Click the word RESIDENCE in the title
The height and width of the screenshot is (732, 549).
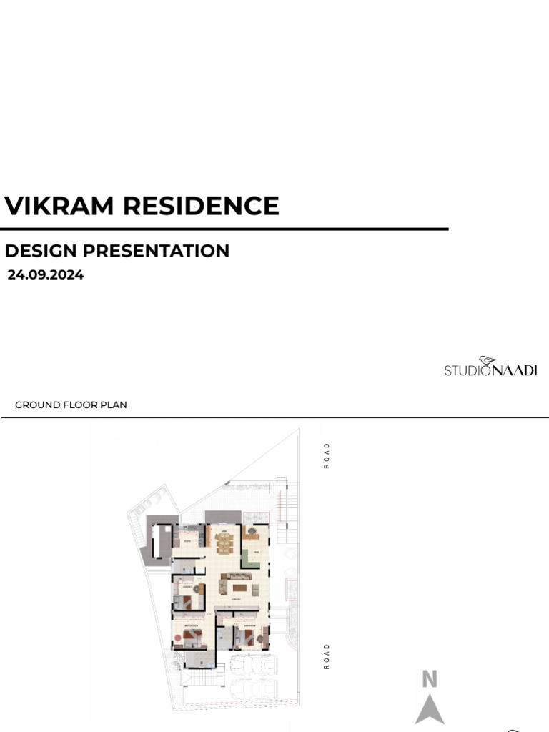(x=201, y=206)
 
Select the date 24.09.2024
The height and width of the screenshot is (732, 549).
(x=46, y=274)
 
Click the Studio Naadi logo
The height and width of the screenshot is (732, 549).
(x=490, y=369)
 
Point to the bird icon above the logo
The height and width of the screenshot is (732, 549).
(x=488, y=360)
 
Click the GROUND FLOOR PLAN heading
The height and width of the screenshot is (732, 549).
(x=71, y=405)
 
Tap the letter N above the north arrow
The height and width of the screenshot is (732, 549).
(x=429, y=679)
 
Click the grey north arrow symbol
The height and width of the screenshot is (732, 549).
(x=429, y=709)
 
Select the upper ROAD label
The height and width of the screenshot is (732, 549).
(x=327, y=455)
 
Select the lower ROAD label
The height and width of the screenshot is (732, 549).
(x=327, y=656)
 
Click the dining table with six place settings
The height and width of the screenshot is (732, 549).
(x=224, y=545)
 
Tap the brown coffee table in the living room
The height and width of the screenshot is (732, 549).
(x=239, y=588)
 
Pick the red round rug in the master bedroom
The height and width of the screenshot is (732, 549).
(x=178, y=638)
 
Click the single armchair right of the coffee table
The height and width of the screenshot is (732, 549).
(x=256, y=589)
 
